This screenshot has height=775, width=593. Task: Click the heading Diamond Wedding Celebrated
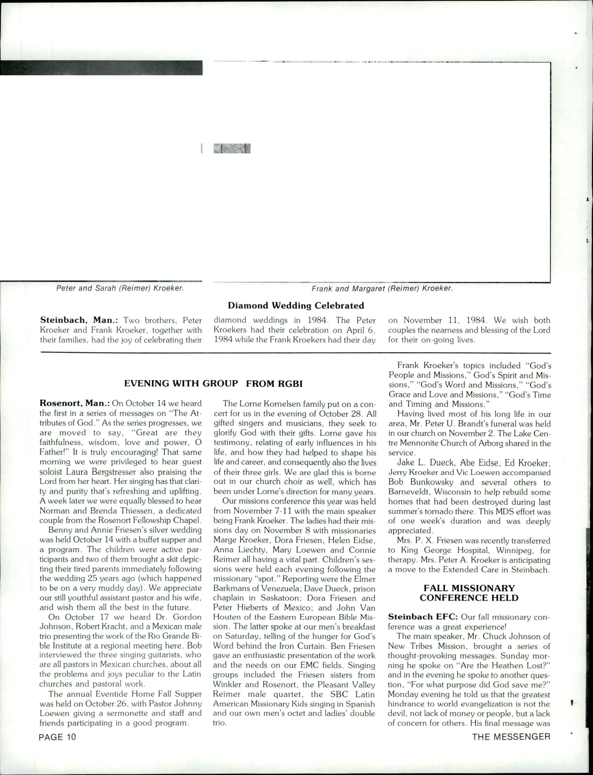[296, 305]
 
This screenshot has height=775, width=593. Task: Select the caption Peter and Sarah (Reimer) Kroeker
[120, 288]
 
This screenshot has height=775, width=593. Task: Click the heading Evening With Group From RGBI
[214, 384]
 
